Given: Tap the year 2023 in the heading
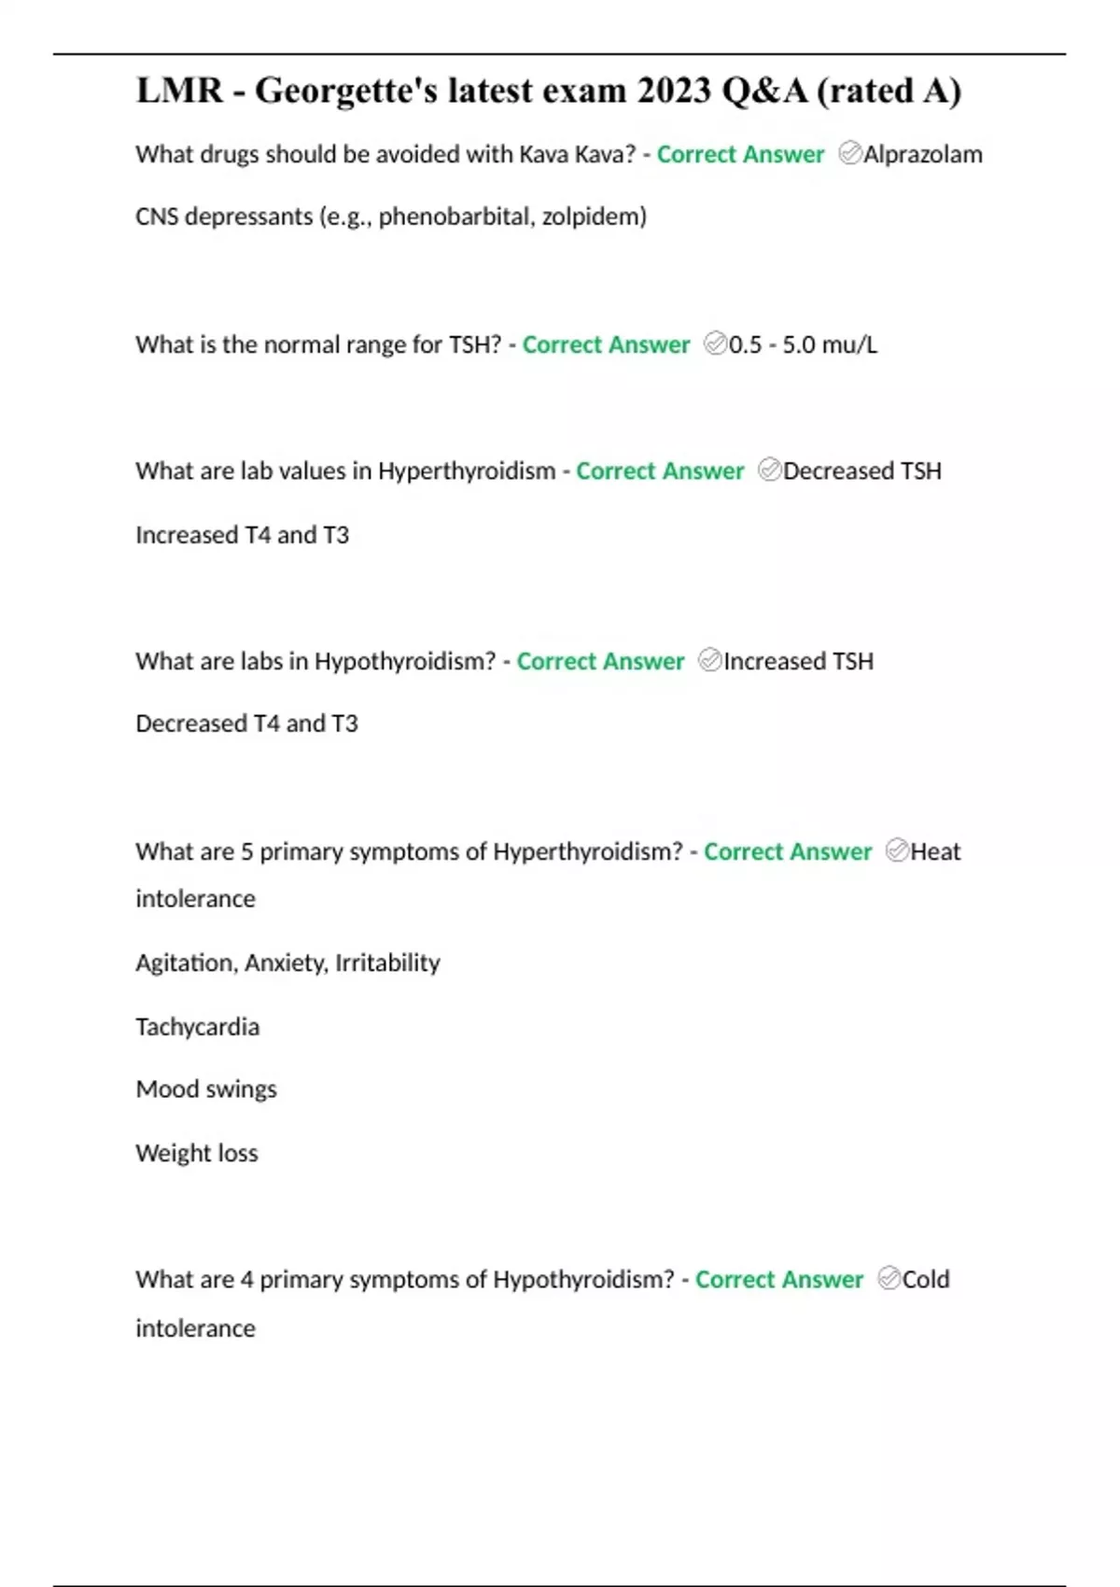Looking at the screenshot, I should coord(675,91).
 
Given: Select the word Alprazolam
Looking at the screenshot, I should coord(922,154).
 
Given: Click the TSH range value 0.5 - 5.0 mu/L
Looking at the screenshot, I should coord(803,344).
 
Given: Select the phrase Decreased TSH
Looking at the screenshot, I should coord(861,470).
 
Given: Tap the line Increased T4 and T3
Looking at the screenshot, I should coord(243,535).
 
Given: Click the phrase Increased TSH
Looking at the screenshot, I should coord(798,661).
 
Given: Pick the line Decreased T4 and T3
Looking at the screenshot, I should coord(246,723).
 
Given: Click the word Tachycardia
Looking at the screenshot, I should coord(198,1027).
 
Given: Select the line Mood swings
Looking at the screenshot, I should coord(206,1089).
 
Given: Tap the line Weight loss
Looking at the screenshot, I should coord(197,1153).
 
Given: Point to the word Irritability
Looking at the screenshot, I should coord(387,962).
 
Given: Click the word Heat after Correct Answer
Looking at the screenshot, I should coord(935,851).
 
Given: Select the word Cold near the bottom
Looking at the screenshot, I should coord(926,1279).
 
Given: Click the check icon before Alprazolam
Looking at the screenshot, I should coord(849,153).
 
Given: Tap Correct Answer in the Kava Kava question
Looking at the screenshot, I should coord(740,154).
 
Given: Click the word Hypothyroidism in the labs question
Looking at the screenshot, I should coord(404,661).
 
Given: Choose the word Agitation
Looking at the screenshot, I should coord(184,962).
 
